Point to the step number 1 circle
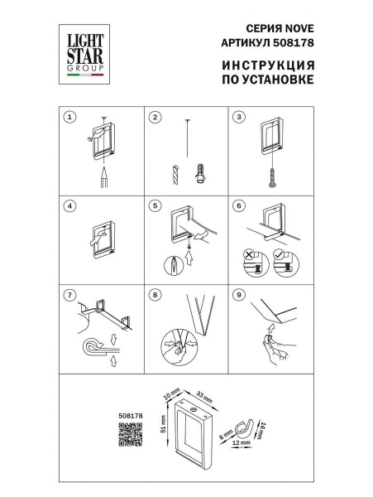(71, 118)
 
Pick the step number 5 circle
(154, 205)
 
